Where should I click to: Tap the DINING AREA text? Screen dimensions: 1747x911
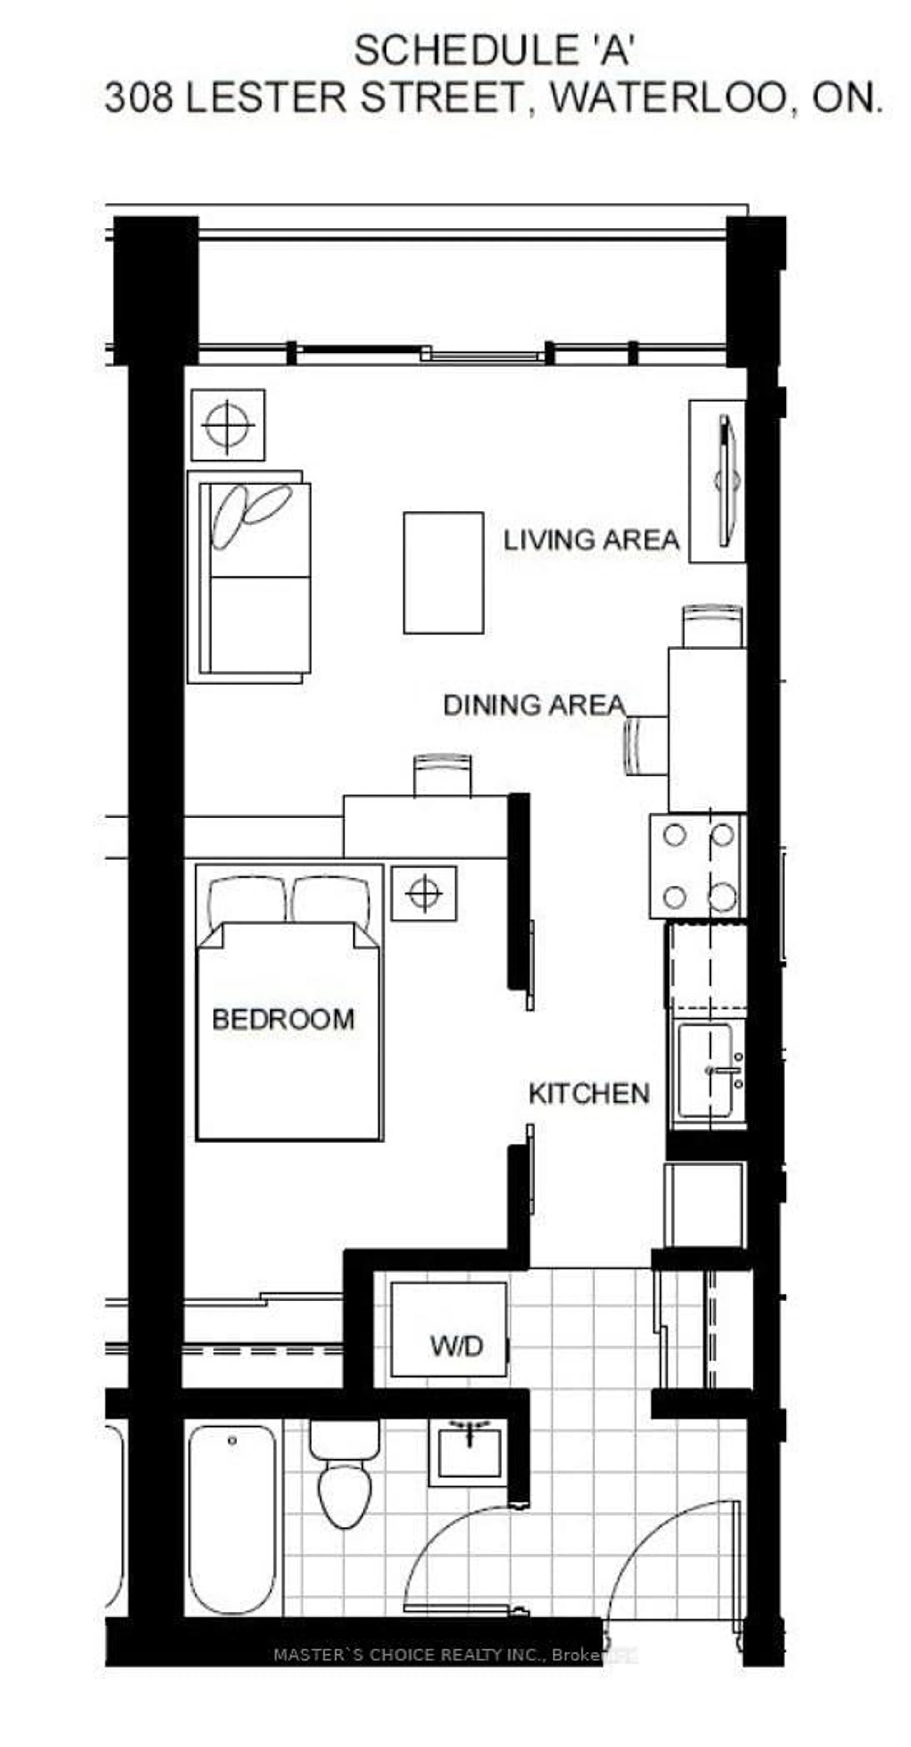click(534, 705)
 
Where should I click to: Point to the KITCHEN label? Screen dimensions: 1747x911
click(589, 1093)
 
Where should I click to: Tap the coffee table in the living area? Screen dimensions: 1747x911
click(443, 573)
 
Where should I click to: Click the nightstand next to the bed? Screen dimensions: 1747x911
click(424, 893)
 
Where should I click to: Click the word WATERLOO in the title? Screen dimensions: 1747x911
click(668, 98)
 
